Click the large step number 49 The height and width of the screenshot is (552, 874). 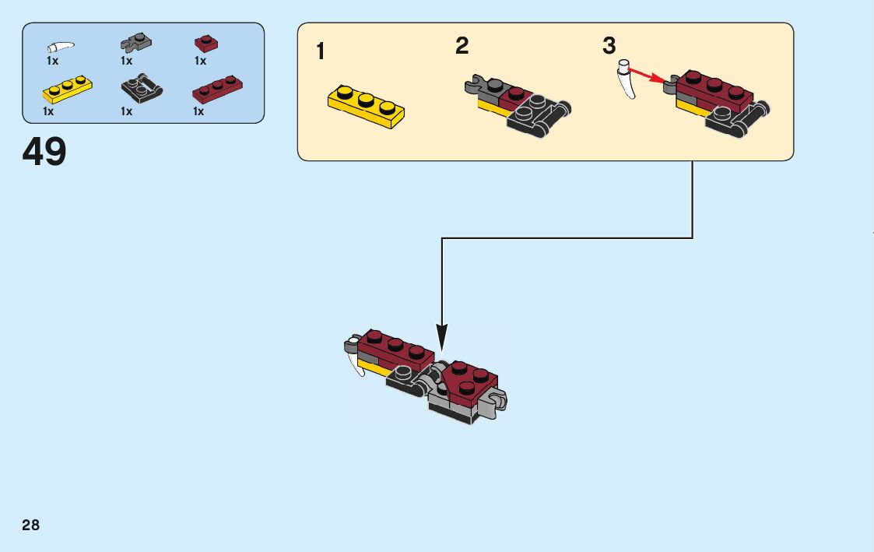pos(44,152)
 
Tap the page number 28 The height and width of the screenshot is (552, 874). pos(30,525)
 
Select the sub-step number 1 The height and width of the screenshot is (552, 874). pos(321,52)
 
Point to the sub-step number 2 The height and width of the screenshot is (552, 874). pos(462,46)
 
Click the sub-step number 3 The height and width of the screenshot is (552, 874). pos(609,46)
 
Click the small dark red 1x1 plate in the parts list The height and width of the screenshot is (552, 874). pos(205,43)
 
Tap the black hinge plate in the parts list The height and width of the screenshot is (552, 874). pos(142,88)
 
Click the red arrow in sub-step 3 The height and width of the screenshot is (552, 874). pos(651,75)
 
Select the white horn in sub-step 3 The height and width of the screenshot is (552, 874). pos(627,79)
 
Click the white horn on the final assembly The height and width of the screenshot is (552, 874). pos(355,363)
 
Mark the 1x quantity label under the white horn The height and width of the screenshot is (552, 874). pos(52,61)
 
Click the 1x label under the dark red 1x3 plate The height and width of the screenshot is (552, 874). pos(198,111)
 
